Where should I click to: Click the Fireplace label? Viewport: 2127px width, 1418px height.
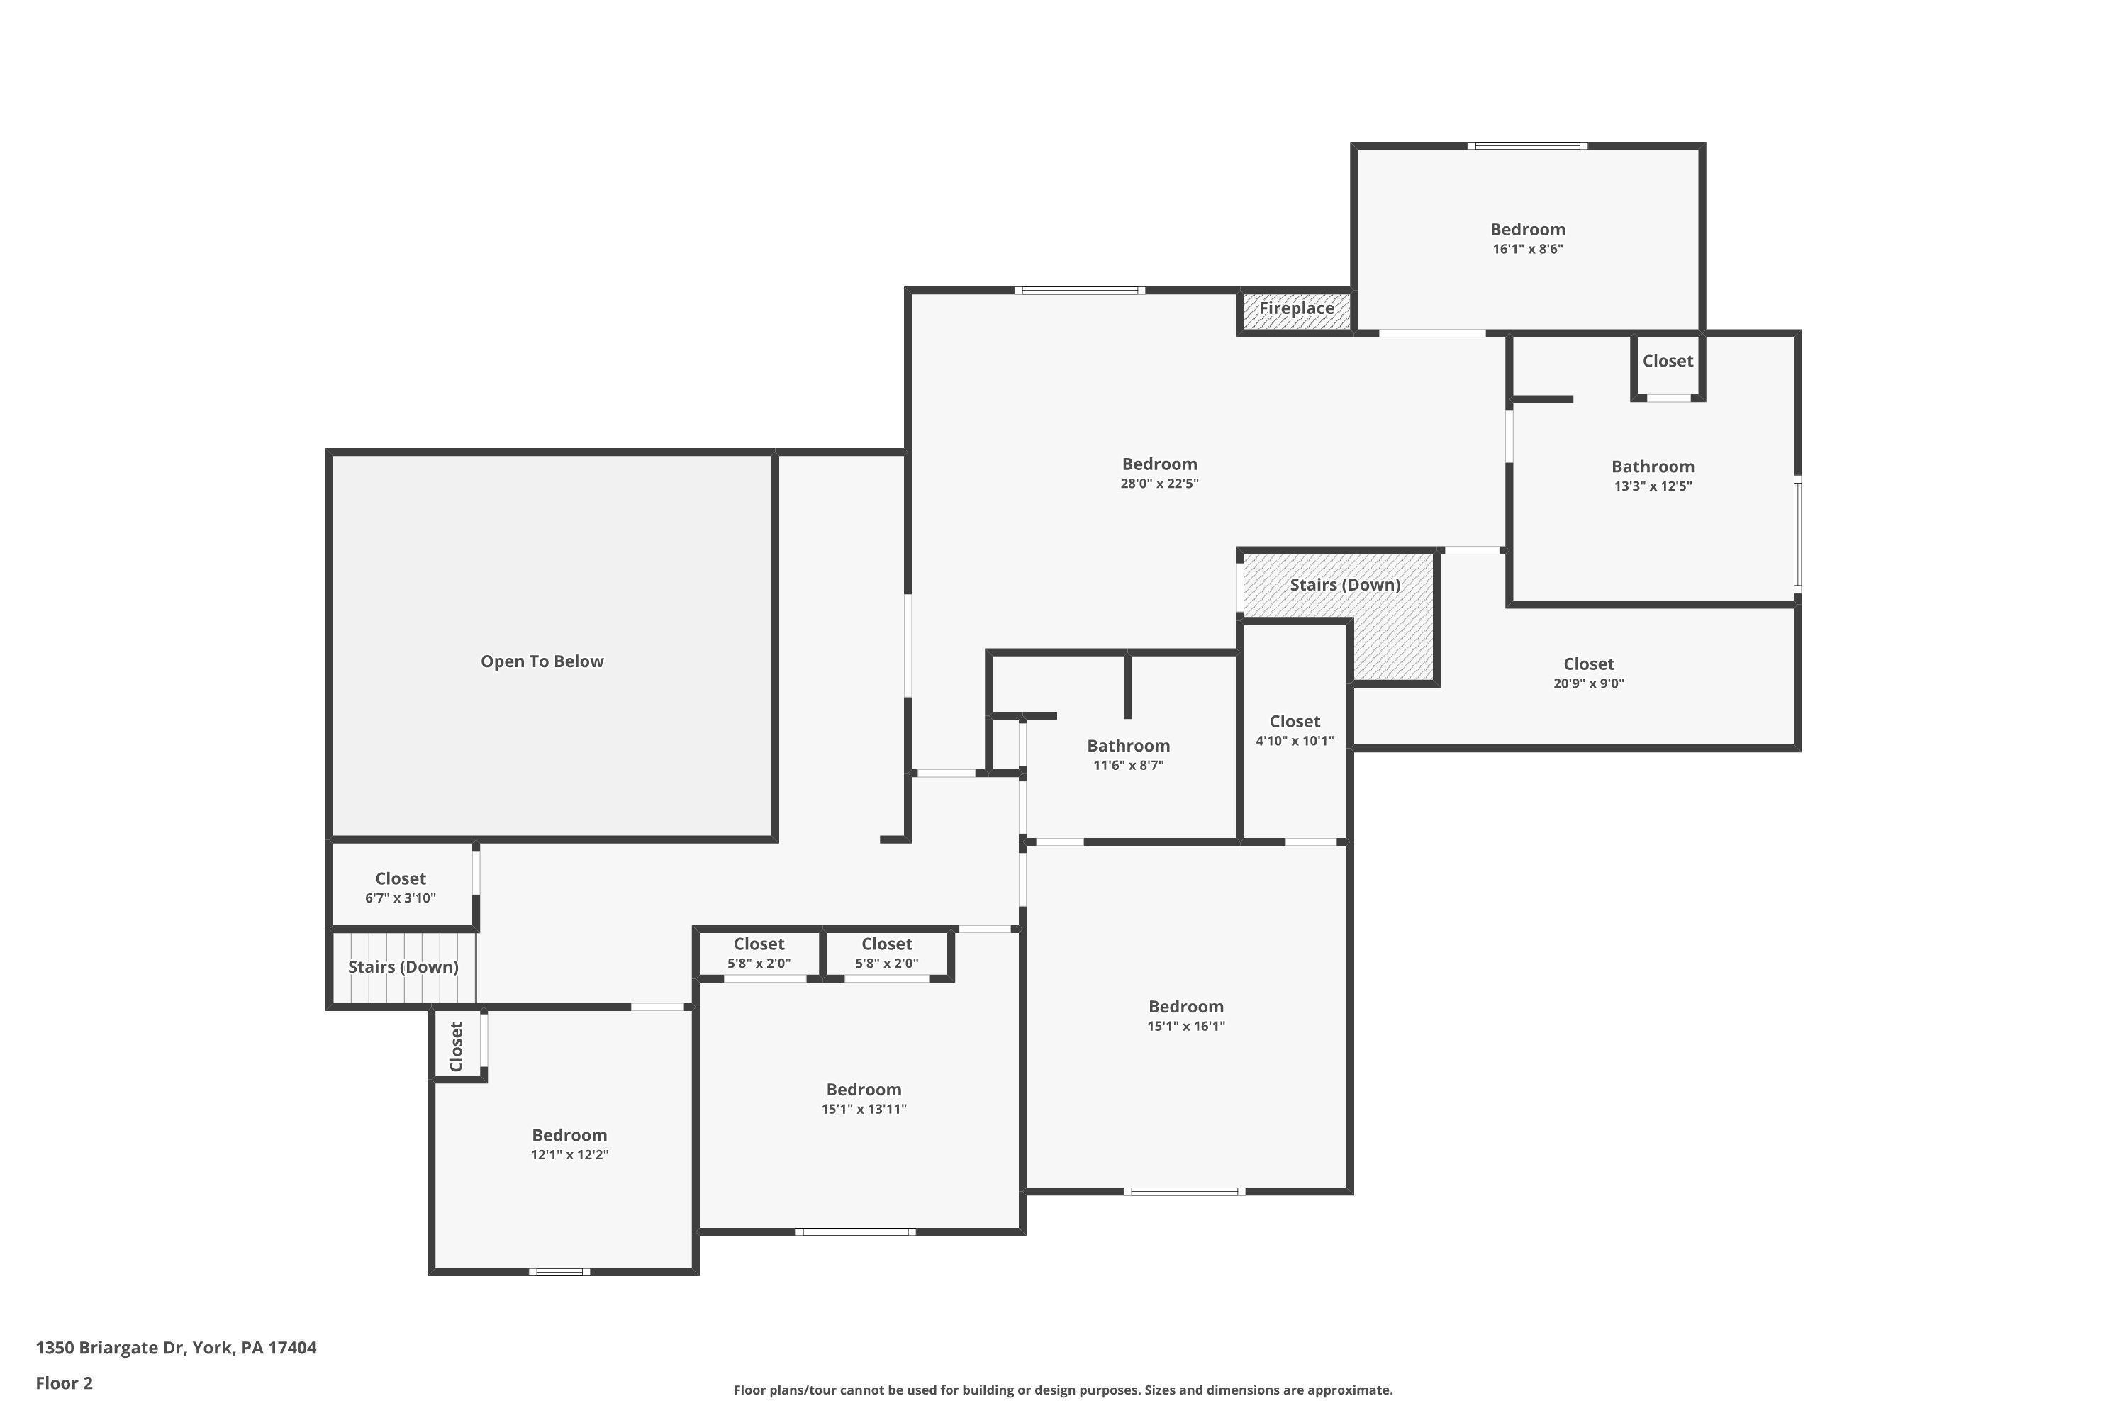pos(1296,308)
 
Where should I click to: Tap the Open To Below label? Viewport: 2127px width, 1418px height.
pos(542,661)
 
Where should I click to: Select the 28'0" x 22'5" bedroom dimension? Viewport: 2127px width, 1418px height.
pos(1159,484)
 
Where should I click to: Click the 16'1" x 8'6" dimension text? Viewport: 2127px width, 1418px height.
pos(1527,249)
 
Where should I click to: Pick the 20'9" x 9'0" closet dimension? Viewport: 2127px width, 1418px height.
pos(1588,683)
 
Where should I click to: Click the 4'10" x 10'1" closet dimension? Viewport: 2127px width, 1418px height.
pos(1294,741)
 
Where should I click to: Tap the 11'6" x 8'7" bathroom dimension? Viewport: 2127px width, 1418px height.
pos(1128,765)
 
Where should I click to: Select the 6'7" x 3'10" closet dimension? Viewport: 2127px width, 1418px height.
pos(400,898)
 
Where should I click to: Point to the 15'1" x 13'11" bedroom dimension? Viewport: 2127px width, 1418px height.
pos(864,1110)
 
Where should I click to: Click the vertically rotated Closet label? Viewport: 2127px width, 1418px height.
pos(457,1046)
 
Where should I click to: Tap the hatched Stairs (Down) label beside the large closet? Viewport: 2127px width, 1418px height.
pos(1345,585)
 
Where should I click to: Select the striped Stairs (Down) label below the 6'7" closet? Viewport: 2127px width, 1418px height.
pos(403,967)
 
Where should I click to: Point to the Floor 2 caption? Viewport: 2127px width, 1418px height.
pos(65,1383)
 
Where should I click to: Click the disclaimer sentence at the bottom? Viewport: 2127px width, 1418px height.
pos(1063,1390)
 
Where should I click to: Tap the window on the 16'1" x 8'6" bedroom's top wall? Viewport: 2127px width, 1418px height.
pos(1527,145)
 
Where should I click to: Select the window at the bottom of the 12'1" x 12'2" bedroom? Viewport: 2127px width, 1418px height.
pos(560,1271)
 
